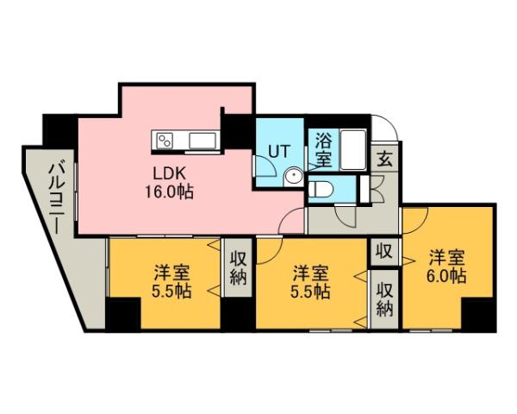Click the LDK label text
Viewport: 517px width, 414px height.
tap(169, 172)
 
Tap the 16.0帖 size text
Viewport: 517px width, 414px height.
tap(169, 191)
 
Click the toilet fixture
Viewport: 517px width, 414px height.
tap(323, 187)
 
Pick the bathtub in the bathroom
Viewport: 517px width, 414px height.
tap(354, 149)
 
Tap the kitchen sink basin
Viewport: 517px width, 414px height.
tap(203, 139)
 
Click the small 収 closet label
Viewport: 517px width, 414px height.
tap(384, 252)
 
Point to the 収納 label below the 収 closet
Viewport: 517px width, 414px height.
tap(384, 298)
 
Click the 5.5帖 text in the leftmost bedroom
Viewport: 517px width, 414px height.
tap(173, 291)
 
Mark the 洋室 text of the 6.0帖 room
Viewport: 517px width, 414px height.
tap(448, 257)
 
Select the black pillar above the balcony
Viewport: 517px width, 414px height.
tap(59, 130)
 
